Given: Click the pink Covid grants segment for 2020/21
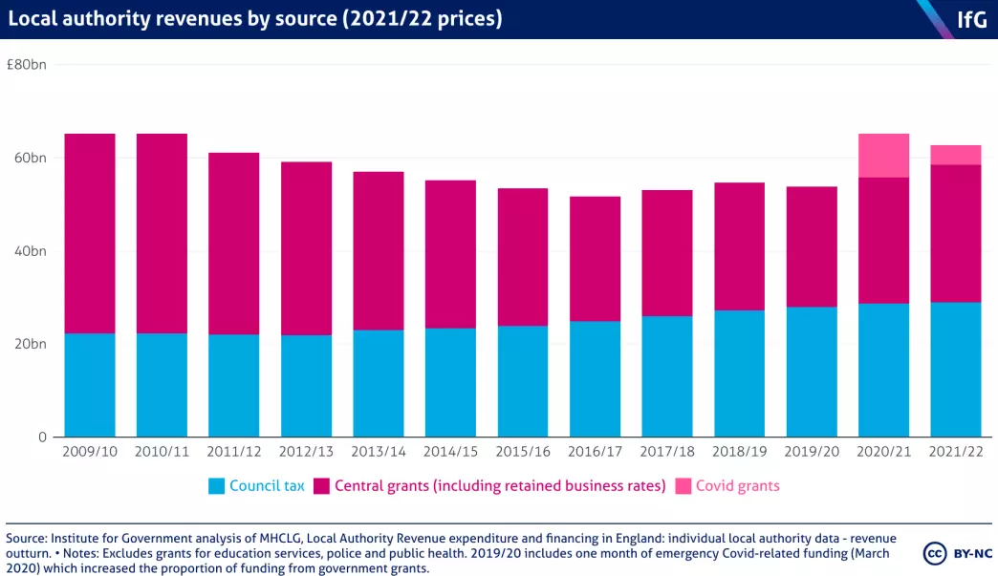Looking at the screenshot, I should click(883, 156).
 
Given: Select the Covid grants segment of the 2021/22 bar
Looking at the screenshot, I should click(955, 155).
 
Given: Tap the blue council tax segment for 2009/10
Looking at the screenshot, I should click(90, 385).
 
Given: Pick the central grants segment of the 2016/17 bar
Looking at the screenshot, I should click(594, 259).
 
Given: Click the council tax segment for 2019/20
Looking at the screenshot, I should click(811, 372).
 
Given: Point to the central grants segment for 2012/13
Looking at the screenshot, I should click(306, 248).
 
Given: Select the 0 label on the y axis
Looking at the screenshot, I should click(41, 437).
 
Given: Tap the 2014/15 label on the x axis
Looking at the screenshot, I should click(450, 451).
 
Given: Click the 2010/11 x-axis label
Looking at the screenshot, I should click(162, 451).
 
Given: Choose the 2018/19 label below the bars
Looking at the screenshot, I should click(739, 451).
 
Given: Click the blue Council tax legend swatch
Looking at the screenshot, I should click(216, 486).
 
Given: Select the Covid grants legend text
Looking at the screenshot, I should click(737, 486).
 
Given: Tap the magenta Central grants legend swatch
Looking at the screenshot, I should click(321, 486).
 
